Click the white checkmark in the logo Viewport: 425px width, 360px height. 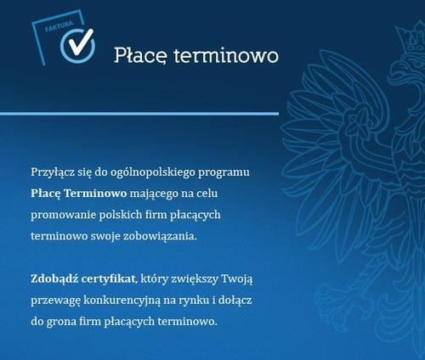pyautogui.click(x=80, y=42)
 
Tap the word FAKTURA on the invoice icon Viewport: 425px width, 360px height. pyautogui.click(x=59, y=25)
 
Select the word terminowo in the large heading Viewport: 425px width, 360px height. pyautogui.click(x=226, y=55)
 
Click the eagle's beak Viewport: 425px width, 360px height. pyautogui.click(x=397, y=74)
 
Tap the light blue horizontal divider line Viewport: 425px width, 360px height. pyautogui.click(x=139, y=114)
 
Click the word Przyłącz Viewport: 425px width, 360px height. pyautogui.click(x=53, y=172)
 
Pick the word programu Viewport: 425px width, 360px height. pyautogui.click(x=224, y=173)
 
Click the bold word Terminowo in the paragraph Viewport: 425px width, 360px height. pyautogui.click(x=95, y=194)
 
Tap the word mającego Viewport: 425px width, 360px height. pyautogui.click(x=154, y=194)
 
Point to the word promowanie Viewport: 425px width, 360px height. pyautogui.click(x=64, y=215)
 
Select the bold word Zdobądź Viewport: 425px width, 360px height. pyautogui.click(x=54, y=279)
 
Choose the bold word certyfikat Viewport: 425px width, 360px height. pyautogui.click(x=108, y=279)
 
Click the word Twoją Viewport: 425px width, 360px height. pyautogui.click(x=236, y=279)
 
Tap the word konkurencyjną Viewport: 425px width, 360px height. pyautogui.click(x=122, y=301)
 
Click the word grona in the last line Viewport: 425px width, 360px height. pyautogui.click(x=61, y=322)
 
